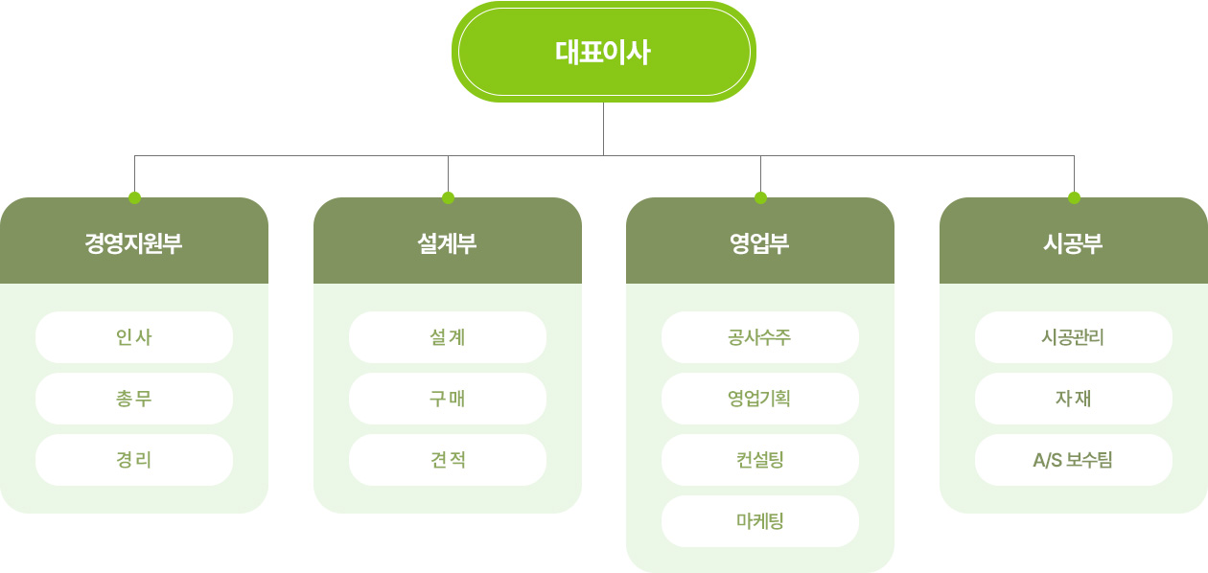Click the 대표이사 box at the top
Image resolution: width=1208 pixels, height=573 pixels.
click(x=603, y=52)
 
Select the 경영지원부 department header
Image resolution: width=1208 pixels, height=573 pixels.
click(x=134, y=241)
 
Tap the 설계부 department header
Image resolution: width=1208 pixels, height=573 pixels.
click(x=448, y=241)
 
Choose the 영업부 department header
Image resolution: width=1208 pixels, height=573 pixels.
click(x=760, y=241)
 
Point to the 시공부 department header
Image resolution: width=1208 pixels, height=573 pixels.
click(x=1073, y=241)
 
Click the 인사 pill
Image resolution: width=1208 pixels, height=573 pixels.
click(x=134, y=337)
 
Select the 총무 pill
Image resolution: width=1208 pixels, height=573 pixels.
click(x=134, y=399)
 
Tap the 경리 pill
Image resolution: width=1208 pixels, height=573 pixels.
click(x=134, y=460)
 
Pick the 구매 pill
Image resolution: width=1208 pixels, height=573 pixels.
click(x=448, y=399)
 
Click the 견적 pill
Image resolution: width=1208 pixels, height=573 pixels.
click(x=448, y=460)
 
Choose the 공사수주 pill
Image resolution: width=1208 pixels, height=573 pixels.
click(x=760, y=337)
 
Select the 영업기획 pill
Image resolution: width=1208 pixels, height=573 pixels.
click(x=760, y=399)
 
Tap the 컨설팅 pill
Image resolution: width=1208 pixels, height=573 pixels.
click(x=760, y=460)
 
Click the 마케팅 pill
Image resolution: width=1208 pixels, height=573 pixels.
click(x=760, y=521)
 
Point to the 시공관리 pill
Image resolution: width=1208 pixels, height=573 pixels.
click(x=1073, y=337)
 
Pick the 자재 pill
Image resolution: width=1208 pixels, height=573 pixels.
click(x=1073, y=399)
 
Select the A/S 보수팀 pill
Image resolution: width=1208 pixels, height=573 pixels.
click(x=1073, y=460)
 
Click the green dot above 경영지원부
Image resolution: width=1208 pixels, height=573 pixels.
click(x=135, y=197)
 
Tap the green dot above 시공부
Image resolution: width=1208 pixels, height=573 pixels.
click(x=1074, y=197)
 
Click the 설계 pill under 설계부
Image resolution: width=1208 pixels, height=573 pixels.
click(x=448, y=337)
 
